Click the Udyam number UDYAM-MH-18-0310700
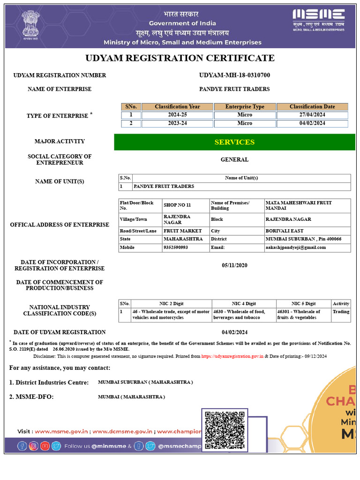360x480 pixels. click(234, 75)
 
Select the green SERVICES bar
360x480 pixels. click(234, 142)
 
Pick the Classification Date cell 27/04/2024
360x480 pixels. click(312, 115)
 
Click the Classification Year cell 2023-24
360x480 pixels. click(177, 123)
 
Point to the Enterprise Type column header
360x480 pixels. click(245, 107)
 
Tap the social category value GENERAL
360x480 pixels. click(234, 159)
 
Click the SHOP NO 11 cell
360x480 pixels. click(177, 205)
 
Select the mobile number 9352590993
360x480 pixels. click(176, 247)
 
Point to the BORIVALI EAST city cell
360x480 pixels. click(284, 231)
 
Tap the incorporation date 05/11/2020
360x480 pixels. click(234, 265)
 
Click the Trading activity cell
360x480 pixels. click(341, 312)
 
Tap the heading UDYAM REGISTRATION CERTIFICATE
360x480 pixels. click(180, 58)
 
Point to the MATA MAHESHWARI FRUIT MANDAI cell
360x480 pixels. click(299, 205)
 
